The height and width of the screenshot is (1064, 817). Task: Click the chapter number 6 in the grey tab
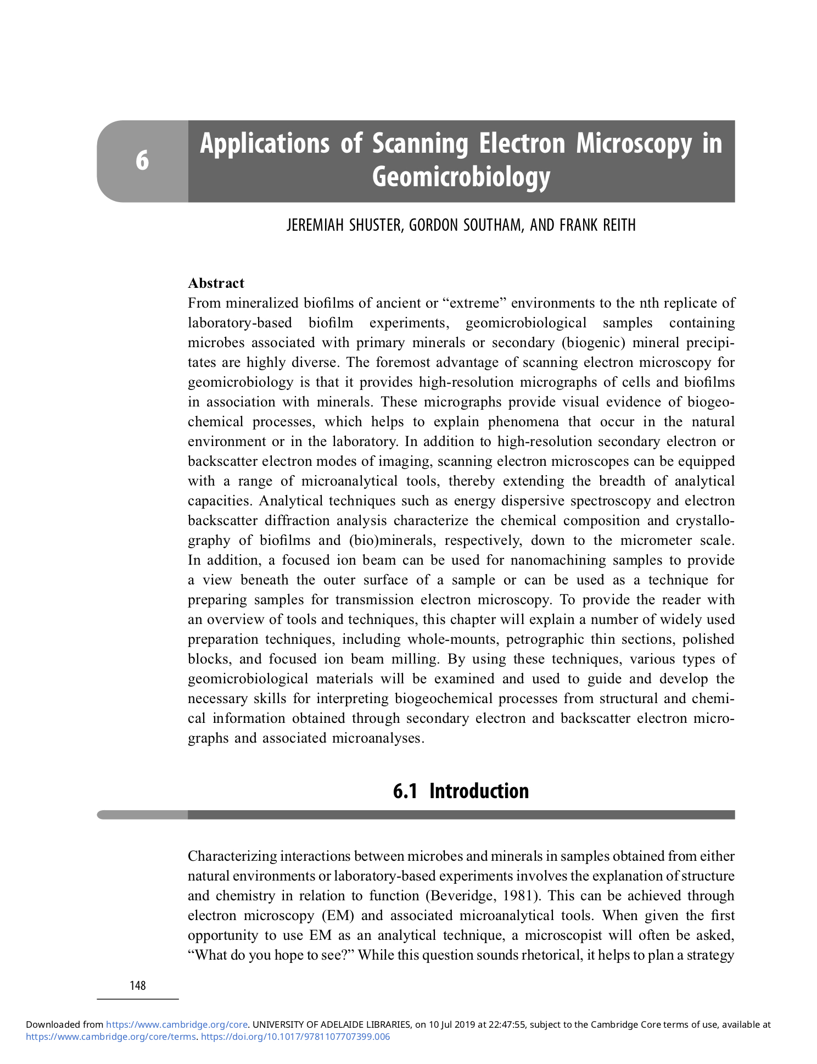point(142,160)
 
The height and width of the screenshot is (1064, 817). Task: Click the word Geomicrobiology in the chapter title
point(461,177)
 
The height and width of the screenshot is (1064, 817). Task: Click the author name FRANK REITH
point(597,225)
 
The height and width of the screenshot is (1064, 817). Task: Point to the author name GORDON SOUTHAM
point(466,225)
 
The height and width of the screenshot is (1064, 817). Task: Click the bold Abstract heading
point(216,283)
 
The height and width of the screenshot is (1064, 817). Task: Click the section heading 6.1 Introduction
point(461,791)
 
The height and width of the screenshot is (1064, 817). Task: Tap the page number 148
point(138,985)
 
